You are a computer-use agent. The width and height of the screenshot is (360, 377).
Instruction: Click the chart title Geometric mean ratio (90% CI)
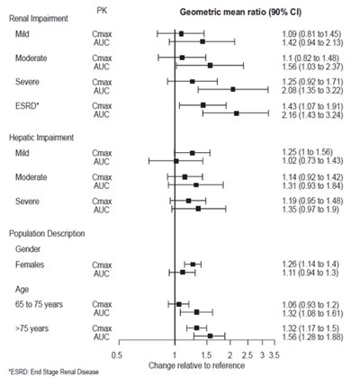coord(240,13)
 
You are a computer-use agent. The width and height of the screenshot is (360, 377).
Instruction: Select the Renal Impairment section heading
coord(39,19)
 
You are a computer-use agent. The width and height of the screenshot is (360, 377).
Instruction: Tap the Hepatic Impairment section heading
coord(41,138)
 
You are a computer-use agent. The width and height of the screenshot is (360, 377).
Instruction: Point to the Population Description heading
coord(47,233)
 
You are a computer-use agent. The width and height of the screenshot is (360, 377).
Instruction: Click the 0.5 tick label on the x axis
coord(117,355)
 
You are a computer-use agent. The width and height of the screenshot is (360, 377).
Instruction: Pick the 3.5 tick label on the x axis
coord(274,355)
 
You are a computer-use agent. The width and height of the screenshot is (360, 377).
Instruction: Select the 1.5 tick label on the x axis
coord(206,355)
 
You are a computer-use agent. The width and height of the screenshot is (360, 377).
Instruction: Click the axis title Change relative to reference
coord(197,365)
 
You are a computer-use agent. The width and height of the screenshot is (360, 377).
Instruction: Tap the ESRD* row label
coord(26,106)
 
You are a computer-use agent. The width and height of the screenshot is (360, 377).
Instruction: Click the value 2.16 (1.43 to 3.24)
coord(312,115)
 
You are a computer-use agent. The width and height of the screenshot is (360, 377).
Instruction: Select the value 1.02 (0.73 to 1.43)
coord(312,161)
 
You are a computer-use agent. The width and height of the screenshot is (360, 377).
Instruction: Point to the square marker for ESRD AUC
coord(237,113)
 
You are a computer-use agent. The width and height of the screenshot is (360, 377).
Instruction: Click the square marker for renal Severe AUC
coord(233,89)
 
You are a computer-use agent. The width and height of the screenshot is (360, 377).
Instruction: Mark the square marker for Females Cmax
coord(193,265)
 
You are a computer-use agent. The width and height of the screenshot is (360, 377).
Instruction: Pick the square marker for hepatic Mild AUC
coord(176,161)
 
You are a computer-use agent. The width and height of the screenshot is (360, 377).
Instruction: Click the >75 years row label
coord(31,328)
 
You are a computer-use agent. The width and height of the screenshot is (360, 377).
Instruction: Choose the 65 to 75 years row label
coord(39,305)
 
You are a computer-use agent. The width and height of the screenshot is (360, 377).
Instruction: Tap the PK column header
coord(102,11)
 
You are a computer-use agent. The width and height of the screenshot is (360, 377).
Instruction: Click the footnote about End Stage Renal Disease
coord(54,372)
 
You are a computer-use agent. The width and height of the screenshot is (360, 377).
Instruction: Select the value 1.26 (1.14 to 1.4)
coord(310,265)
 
